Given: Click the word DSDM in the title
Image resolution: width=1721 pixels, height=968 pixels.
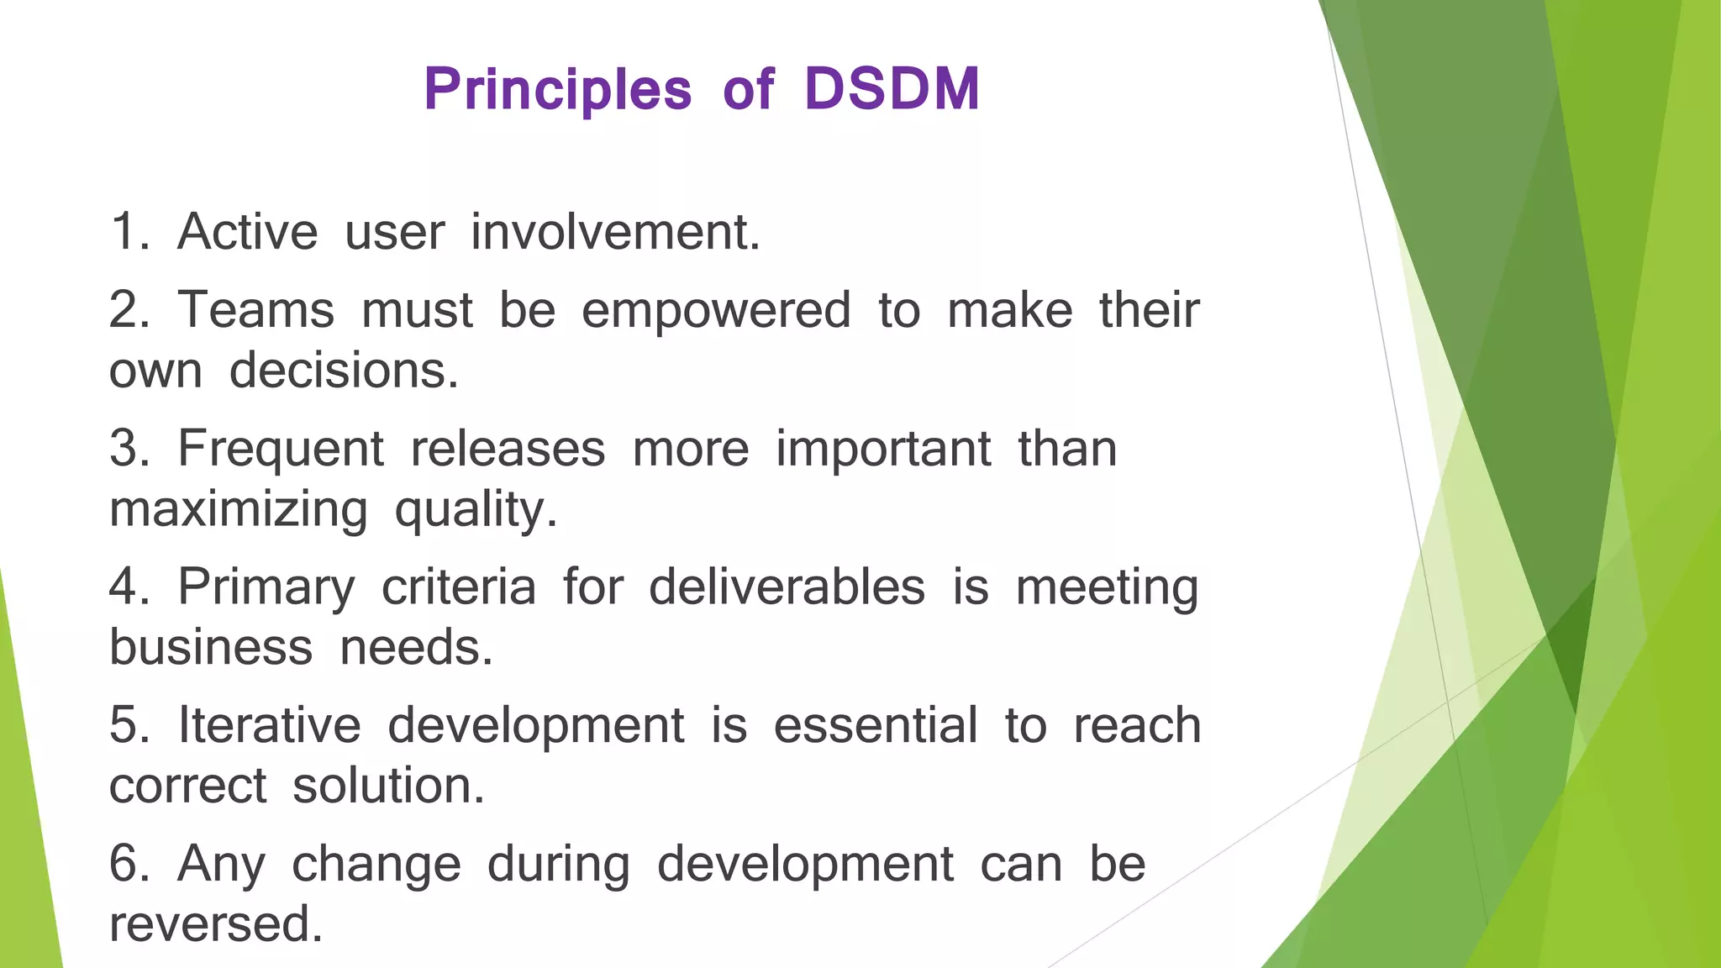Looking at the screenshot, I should [x=892, y=88].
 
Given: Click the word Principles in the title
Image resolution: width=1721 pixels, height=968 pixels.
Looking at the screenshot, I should [x=558, y=90].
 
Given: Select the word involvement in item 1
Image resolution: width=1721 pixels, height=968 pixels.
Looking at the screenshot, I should [x=615, y=232].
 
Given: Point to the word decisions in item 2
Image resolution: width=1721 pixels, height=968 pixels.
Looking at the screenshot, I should [x=344, y=371].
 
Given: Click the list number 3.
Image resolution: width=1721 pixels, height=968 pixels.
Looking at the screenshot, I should [x=128, y=449].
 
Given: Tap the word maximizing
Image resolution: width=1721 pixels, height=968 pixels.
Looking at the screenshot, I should [x=239, y=511].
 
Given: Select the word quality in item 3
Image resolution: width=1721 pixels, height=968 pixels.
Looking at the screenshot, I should [x=475, y=511].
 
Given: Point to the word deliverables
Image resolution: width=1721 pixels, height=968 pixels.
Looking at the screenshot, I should [x=787, y=587].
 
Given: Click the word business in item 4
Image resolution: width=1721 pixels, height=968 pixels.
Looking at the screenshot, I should [x=211, y=648].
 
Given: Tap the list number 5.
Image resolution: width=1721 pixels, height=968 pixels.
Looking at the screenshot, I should [x=128, y=725].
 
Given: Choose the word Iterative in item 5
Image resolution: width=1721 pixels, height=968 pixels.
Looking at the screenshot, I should [x=269, y=725].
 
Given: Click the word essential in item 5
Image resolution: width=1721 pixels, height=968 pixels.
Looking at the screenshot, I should [x=876, y=725].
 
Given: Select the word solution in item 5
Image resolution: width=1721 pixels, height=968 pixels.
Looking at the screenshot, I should [x=388, y=786].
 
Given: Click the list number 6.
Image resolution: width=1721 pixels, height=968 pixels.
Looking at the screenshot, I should [x=128, y=864].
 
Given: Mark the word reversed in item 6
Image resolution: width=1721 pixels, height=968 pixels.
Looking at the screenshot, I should [x=216, y=924].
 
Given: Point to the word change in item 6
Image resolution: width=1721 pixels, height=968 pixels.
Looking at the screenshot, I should [x=376, y=865].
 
